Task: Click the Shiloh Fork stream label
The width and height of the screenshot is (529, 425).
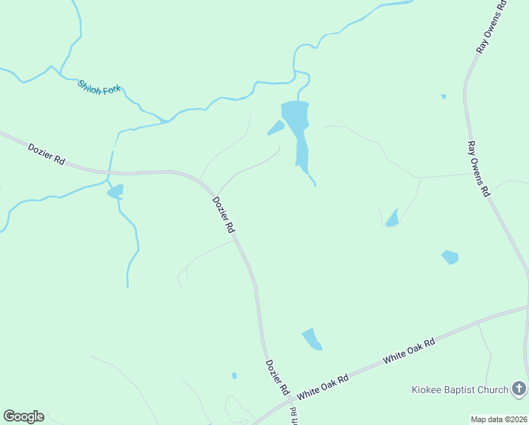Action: pyautogui.click(x=100, y=87)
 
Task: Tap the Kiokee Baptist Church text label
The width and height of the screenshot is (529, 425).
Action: pyautogui.click(x=460, y=390)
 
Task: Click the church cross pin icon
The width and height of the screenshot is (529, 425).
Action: pyautogui.click(x=519, y=388)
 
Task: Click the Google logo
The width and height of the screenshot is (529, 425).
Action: pyautogui.click(x=23, y=416)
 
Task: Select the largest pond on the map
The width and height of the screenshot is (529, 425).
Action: pyautogui.click(x=297, y=127)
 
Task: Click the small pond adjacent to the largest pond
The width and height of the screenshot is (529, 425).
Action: pyautogui.click(x=275, y=127)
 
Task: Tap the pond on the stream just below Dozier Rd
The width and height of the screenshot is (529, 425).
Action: pyautogui.click(x=115, y=191)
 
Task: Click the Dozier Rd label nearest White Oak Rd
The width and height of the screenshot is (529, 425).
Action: pyautogui.click(x=277, y=378)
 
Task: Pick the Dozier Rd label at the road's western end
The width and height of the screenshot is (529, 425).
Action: pyautogui.click(x=46, y=154)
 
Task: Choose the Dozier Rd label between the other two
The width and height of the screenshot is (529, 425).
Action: pyautogui.click(x=223, y=215)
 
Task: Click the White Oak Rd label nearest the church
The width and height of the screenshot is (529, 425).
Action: pyautogui.click(x=409, y=351)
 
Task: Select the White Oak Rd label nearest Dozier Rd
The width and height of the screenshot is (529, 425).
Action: pyautogui.click(x=323, y=387)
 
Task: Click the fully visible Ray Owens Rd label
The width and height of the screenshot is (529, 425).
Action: pyautogui.click(x=478, y=169)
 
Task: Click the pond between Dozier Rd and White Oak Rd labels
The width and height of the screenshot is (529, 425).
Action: pyautogui.click(x=312, y=339)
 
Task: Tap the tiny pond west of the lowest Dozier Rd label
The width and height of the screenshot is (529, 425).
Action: pyautogui.click(x=234, y=375)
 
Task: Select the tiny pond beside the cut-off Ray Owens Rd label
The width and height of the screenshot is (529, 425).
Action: pyautogui.click(x=443, y=96)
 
